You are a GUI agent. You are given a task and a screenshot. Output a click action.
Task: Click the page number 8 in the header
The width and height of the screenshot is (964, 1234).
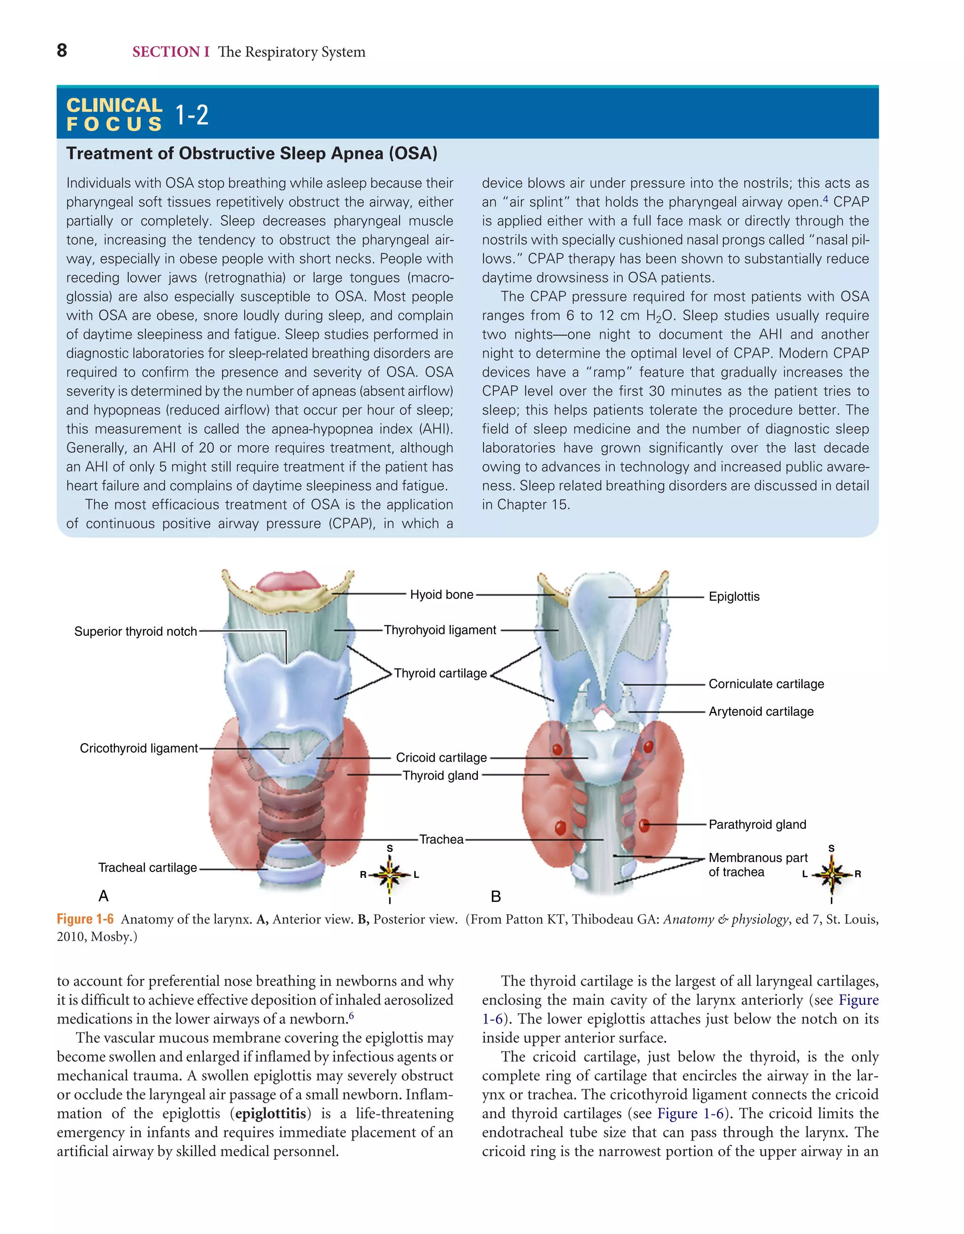pos(62,51)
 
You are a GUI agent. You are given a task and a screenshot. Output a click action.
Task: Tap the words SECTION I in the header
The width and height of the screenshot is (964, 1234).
pos(170,52)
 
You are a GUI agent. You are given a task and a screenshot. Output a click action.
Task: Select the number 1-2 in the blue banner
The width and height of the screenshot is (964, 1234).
pos(192,115)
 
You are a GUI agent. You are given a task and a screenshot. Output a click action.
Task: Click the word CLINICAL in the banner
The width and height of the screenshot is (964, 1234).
pos(115,105)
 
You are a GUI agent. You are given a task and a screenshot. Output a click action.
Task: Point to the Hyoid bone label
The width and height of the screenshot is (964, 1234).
pos(442,594)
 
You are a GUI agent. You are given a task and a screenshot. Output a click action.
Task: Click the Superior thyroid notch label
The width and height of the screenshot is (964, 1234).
pos(136,632)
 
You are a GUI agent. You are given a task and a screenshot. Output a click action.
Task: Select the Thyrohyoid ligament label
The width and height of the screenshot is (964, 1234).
pos(440,630)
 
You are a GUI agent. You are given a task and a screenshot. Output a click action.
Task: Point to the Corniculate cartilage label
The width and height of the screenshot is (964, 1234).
pos(766,684)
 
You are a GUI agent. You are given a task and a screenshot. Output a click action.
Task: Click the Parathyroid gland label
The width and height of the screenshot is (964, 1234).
pos(757,825)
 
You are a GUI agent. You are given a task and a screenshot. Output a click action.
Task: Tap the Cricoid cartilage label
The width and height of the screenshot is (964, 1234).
pos(441,758)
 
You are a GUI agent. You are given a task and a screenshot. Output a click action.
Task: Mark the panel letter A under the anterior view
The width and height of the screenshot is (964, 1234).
pos(104,896)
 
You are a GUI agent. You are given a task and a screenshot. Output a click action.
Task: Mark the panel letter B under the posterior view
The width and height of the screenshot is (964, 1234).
pos(496,897)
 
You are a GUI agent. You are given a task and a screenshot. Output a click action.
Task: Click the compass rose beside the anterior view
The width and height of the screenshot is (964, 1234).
pos(390,875)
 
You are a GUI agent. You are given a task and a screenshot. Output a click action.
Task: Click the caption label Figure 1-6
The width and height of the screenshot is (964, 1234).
pos(85,919)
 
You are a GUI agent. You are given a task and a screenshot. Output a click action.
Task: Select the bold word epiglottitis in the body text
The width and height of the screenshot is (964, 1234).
pos(273,1113)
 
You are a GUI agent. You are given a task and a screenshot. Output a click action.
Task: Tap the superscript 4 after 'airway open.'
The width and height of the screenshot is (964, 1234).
pos(826,198)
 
